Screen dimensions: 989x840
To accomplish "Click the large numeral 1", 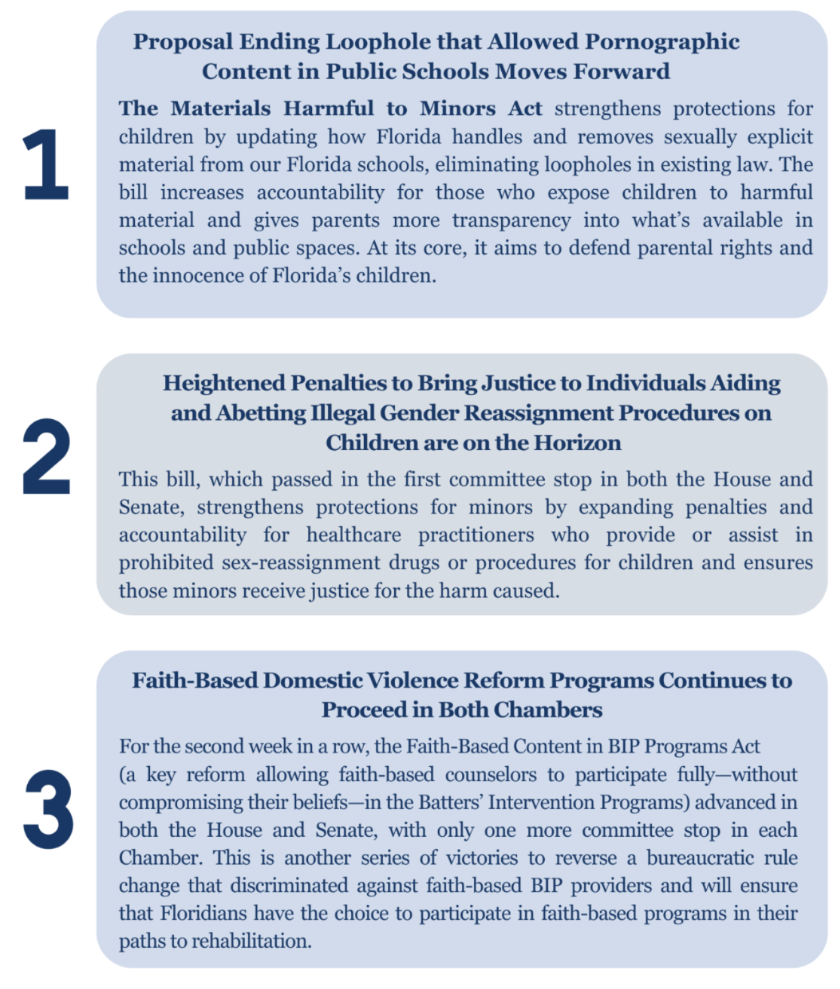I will click(x=46, y=164).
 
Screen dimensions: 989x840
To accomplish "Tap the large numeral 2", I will click(x=47, y=456).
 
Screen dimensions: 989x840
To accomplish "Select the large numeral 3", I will click(x=48, y=810).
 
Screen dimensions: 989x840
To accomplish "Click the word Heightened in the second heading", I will click(x=224, y=383).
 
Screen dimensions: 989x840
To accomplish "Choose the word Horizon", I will click(x=577, y=443).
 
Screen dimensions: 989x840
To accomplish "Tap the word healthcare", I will click(x=353, y=535).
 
